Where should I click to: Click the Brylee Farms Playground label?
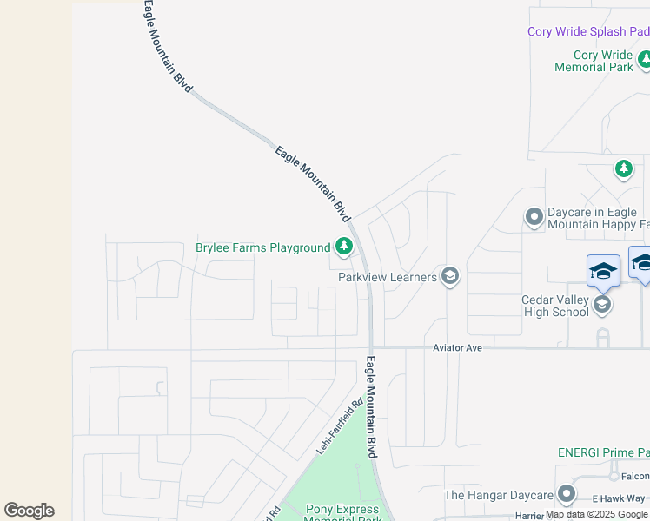[x=262, y=248]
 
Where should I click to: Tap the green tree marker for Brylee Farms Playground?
[x=344, y=247]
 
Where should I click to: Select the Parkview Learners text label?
[x=388, y=277]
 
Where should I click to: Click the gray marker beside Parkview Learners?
[x=449, y=277]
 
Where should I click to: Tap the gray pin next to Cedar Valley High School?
[x=601, y=304]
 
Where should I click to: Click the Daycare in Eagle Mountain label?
[x=598, y=219]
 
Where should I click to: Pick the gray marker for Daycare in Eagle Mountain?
[x=534, y=216]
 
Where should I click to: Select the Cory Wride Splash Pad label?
[x=588, y=32]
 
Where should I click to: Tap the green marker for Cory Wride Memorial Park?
[x=645, y=60]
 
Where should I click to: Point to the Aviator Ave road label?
[x=457, y=347]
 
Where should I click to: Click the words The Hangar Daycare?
[x=498, y=495]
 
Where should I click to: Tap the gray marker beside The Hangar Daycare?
[x=567, y=494]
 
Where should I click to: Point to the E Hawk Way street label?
[x=619, y=498]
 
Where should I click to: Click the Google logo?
[x=29, y=511]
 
